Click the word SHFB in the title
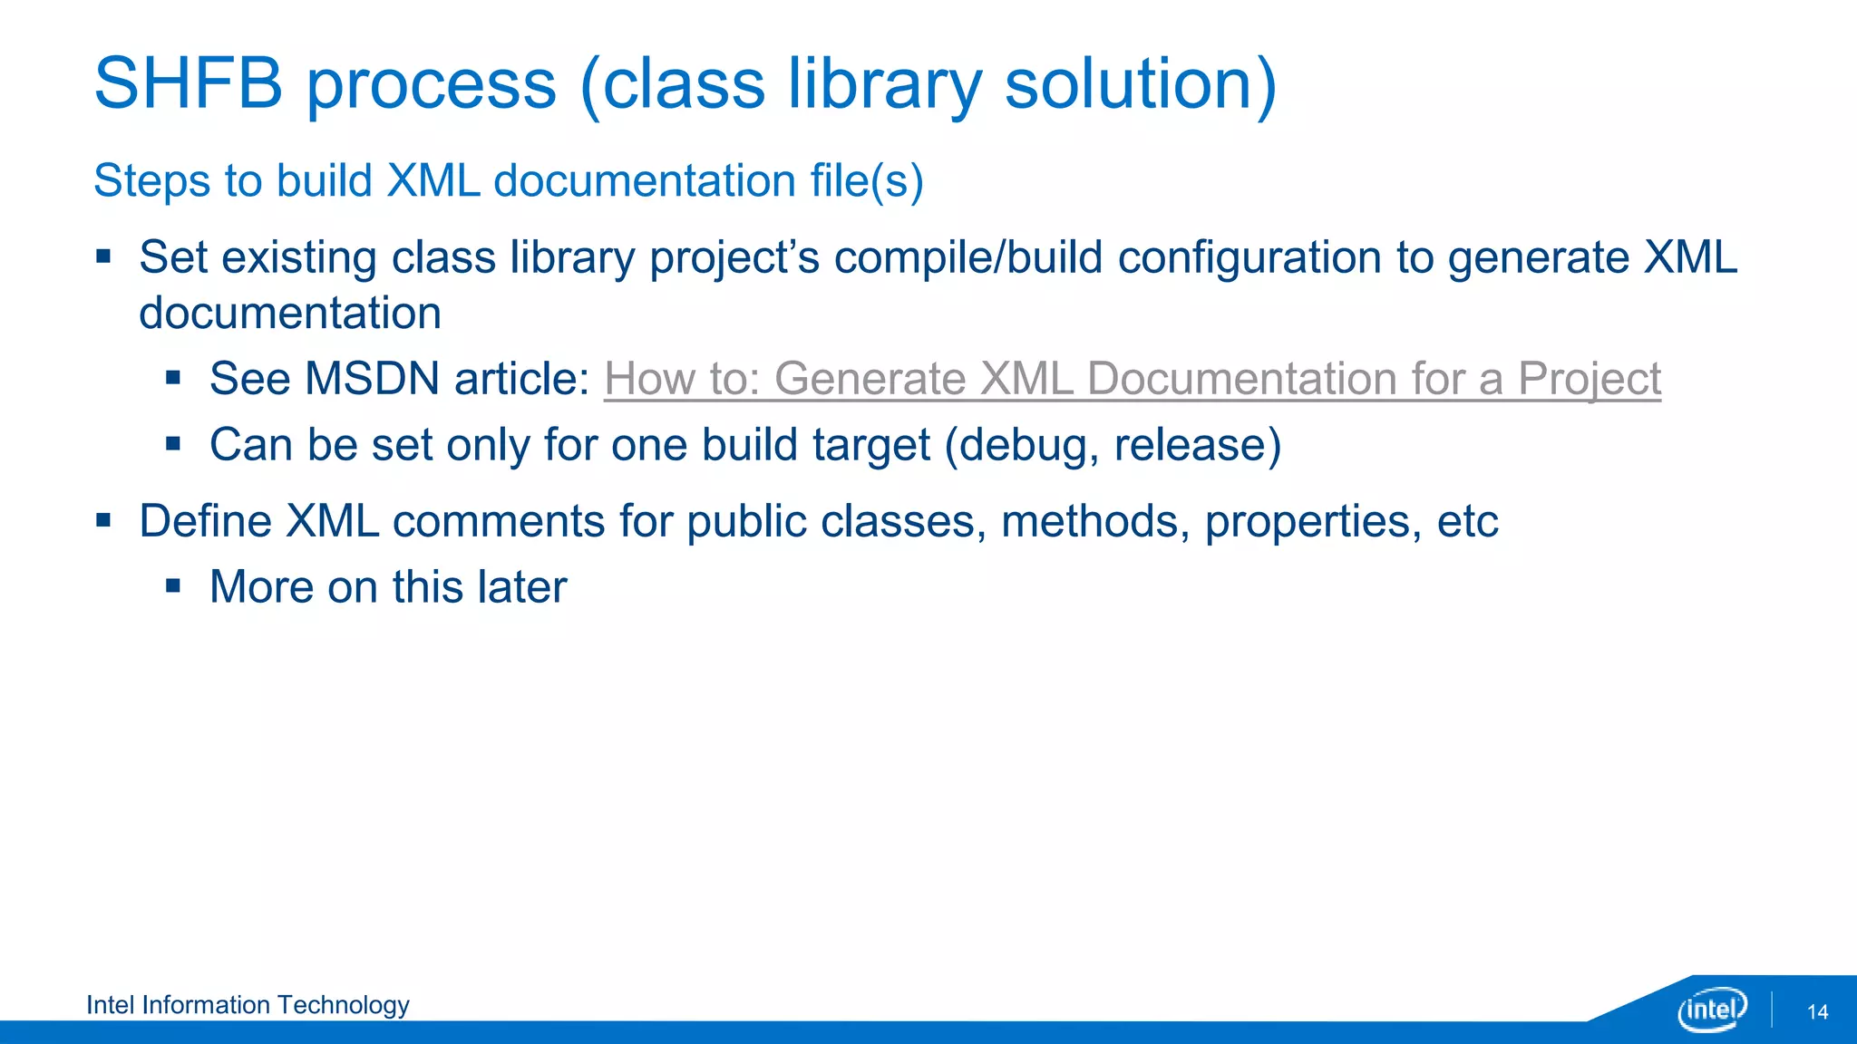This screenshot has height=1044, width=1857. pyautogui.click(x=189, y=83)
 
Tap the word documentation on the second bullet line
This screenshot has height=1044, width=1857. pyautogui.click(x=290, y=314)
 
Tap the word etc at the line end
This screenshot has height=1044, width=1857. pyautogui.click(x=1467, y=521)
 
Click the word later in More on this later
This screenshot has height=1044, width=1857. pyautogui.click(x=522, y=587)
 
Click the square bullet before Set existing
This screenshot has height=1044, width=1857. pyautogui.click(x=103, y=256)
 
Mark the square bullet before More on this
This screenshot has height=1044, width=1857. pyautogui.click(x=173, y=586)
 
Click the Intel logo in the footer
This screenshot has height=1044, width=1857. pyautogui.click(x=1712, y=1009)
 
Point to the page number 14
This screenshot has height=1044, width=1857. pyautogui.click(x=1817, y=1012)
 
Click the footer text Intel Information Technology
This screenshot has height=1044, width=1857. pyautogui.click(x=248, y=1005)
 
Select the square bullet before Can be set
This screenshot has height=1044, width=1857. pyautogui.click(x=173, y=444)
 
